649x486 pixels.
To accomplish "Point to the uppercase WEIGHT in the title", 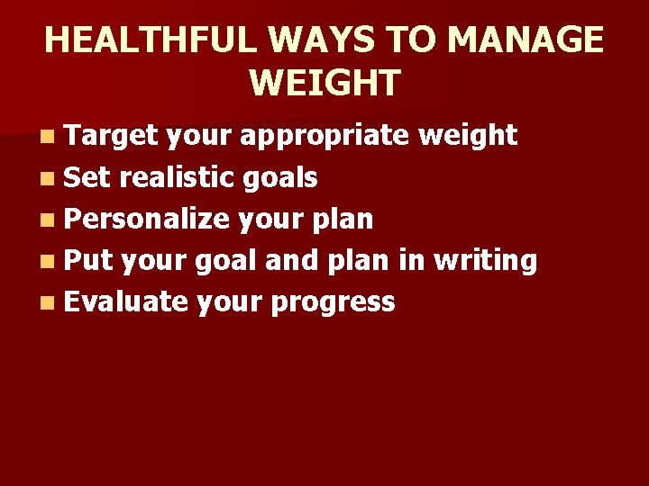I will point(324,82).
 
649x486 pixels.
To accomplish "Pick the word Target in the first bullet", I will point(112,136).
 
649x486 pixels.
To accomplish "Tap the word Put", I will point(87,260).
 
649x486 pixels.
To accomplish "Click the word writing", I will point(486,262).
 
